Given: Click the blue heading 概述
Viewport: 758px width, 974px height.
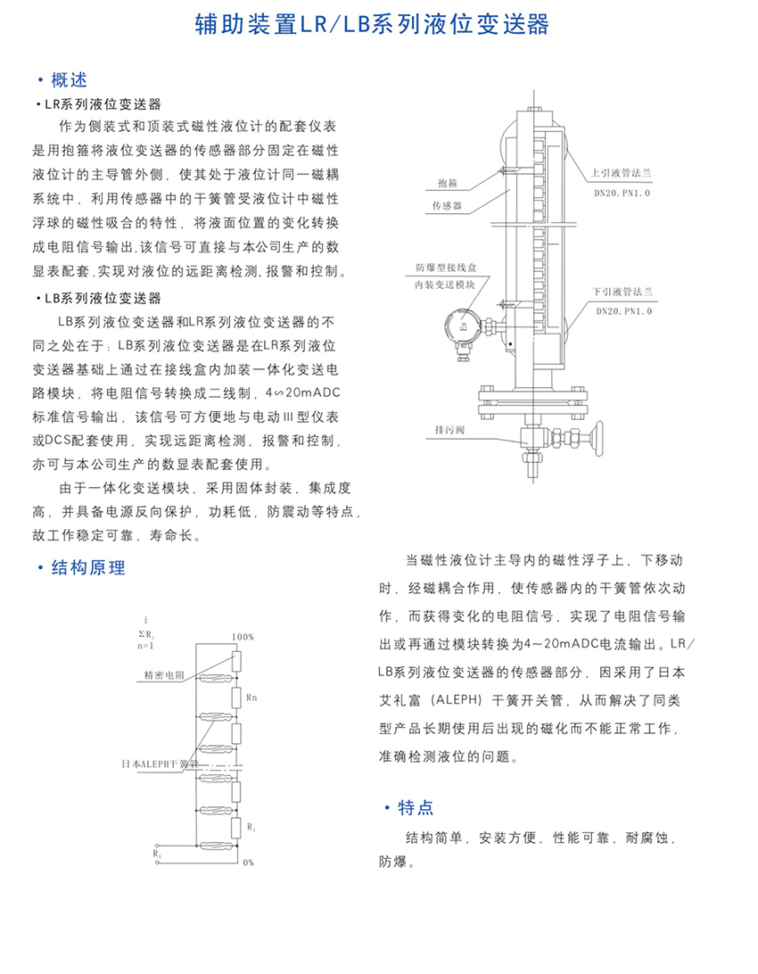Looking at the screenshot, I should pos(69,79).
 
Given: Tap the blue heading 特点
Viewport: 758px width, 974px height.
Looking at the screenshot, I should pos(415,808).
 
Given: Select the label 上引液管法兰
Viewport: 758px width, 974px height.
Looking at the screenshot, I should pos(622,174).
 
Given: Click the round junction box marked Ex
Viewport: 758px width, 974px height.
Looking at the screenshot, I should pos(464,328).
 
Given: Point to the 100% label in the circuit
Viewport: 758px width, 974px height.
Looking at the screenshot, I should pos(242,638).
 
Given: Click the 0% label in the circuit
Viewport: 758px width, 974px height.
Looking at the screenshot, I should pos(248,863).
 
